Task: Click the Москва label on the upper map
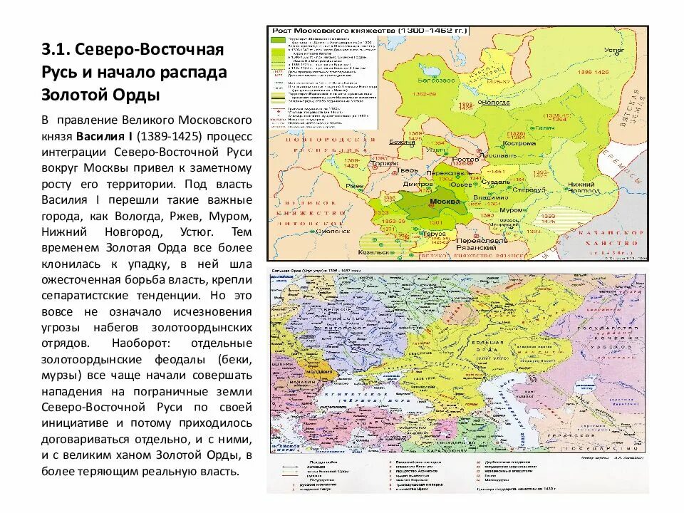click(x=442, y=202)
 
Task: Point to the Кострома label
click(x=519, y=143)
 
